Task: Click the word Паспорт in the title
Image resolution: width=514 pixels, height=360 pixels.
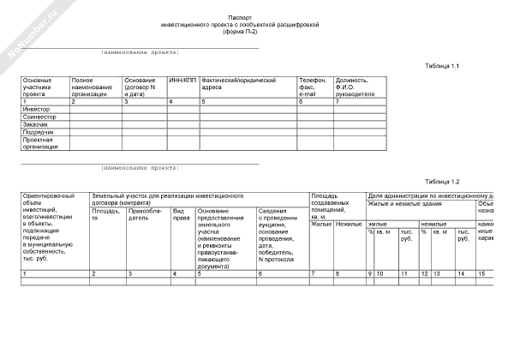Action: (241, 17)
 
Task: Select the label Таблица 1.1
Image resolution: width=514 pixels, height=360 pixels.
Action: (442, 66)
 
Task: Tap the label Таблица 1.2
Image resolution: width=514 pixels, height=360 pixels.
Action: (442, 182)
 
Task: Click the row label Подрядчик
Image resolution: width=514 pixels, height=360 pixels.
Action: (39, 133)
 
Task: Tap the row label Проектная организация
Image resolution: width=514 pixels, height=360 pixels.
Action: (41, 143)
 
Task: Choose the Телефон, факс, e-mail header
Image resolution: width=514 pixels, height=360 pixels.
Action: (312, 87)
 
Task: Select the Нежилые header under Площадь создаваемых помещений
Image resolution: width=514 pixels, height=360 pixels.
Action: (348, 224)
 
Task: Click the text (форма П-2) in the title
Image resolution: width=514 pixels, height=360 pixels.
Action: (240, 32)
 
